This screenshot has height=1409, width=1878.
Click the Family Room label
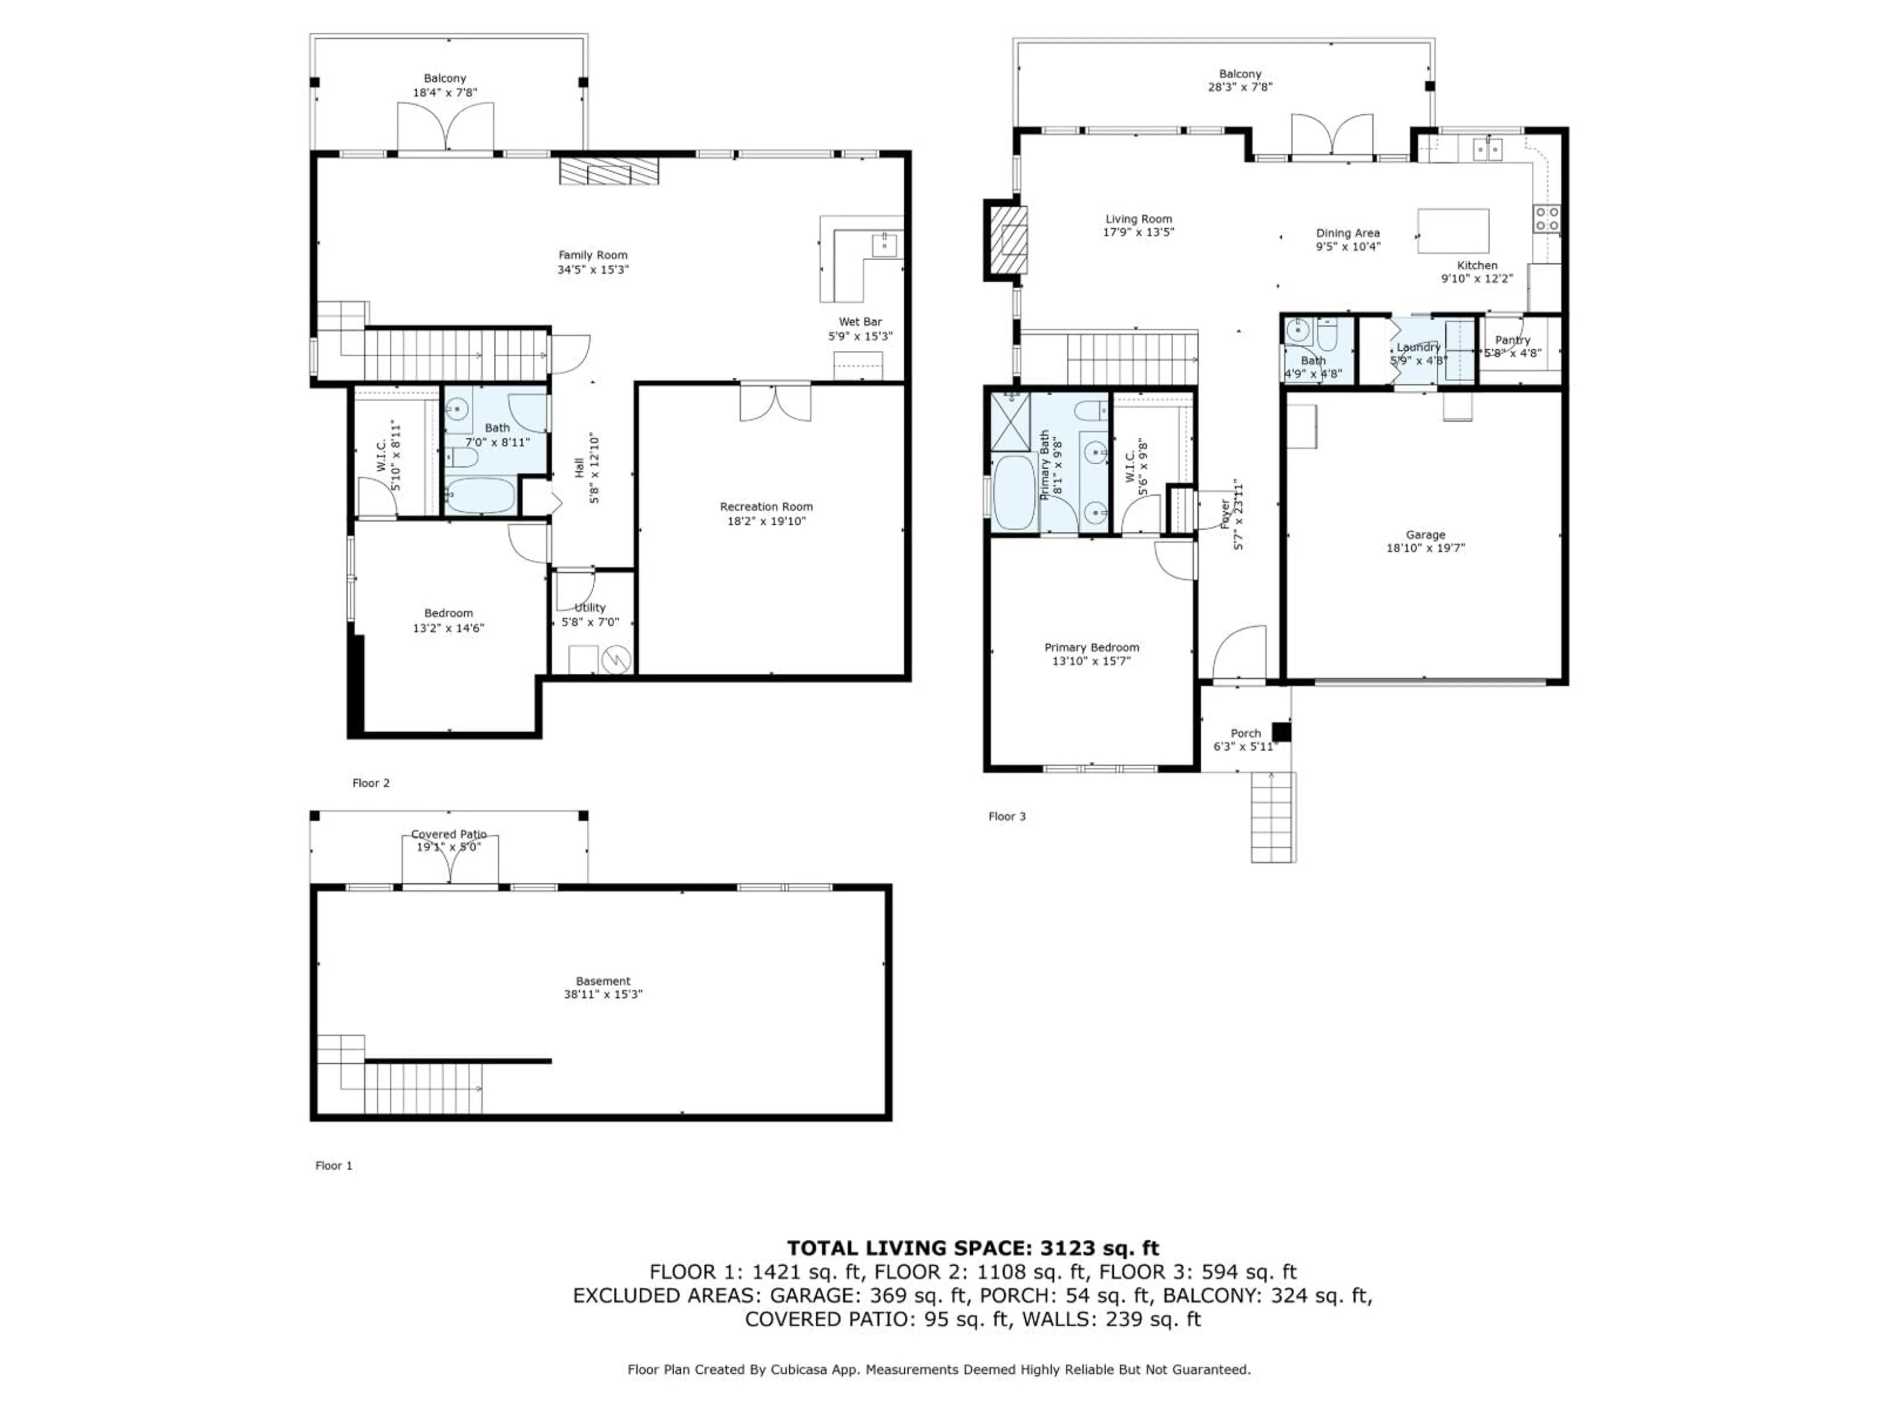(x=593, y=255)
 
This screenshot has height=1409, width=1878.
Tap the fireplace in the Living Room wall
(x=1007, y=240)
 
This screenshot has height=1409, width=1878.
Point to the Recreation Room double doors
(x=774, y=403)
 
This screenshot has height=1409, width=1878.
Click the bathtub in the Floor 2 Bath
(x=481, y=495)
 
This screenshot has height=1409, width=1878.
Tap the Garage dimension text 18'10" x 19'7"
(x=1426, y=548)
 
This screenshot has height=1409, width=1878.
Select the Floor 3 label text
(x=1007, y=816)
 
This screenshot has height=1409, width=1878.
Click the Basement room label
(x=603, y=981)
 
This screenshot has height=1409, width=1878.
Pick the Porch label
(x=1246, y=733)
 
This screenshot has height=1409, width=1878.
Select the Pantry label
(x=1512, y=340)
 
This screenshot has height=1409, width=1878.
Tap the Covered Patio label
(x=448, y=834)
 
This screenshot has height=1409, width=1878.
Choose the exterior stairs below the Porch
(x=1273, y=817)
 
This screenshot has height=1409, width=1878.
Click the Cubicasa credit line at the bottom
(x=938, y=1369)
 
